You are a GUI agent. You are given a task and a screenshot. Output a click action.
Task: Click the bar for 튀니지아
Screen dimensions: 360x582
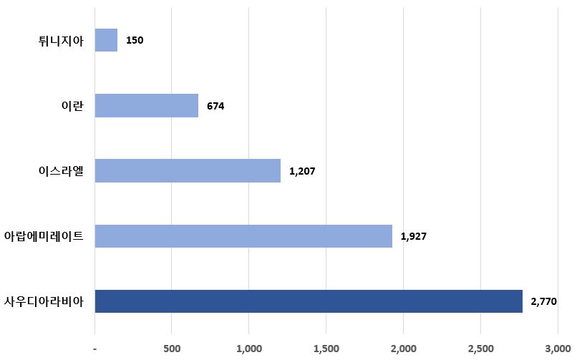(106, 40)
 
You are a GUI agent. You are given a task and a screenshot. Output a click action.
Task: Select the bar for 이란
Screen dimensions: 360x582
(146, 106)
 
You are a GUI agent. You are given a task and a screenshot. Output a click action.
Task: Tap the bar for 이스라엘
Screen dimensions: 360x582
(188, 171)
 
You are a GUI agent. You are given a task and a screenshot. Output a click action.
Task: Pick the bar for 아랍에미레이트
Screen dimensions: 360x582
(243, 236)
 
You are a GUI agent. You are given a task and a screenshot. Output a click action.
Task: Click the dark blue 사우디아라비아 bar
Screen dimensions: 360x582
(309, 301)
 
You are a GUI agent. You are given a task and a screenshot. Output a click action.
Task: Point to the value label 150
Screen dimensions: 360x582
(135, 40)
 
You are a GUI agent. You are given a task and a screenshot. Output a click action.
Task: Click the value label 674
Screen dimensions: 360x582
(215, 106)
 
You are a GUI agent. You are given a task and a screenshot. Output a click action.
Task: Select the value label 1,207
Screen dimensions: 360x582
(302, 171)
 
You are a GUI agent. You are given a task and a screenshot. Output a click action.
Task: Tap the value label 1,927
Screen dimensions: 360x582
(414, 236)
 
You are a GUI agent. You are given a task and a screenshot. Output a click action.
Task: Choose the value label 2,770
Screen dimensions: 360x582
(544, 301)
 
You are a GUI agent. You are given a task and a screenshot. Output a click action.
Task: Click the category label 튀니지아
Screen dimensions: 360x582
(62, 41)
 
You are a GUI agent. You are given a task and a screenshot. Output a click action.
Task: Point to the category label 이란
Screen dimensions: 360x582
(72, 106)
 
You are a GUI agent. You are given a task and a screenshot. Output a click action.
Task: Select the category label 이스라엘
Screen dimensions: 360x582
(61, 171)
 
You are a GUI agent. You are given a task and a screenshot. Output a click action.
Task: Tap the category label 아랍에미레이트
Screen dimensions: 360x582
(44, 236)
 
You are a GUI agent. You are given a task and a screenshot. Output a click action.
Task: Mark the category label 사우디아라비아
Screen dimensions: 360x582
(44, 301)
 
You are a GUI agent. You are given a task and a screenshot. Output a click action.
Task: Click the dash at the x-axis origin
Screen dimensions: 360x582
(95, 349)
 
